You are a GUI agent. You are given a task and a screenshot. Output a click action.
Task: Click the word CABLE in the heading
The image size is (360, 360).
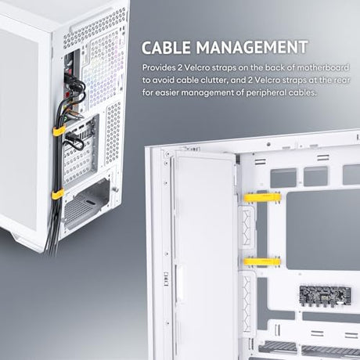pyautogui.click(x=166, y=47)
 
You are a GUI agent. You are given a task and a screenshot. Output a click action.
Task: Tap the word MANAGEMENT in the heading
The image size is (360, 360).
pyautogui.click(x=252, y=47)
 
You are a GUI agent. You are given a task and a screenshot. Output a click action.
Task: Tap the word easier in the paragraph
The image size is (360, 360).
pyautogui.click(x=167, y=92)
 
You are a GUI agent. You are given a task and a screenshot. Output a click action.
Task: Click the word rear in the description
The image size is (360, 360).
pyautogui.click(x=342, y=80)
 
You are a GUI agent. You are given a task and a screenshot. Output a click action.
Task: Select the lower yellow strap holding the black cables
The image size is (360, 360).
pyautogui.click(x=58, y=195)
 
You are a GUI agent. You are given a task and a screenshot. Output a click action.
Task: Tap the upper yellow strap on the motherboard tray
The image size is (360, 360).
pyautogui.click(x=262, y=197)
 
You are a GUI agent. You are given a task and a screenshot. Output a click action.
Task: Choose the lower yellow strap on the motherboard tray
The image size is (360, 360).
pyautogui.click(x=262, y=261)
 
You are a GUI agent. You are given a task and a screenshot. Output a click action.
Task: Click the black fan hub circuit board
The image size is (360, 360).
pyautogui.click(x=325, y=295)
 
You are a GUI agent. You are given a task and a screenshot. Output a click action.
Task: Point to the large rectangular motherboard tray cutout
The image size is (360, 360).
pyautogui.click(x=323, y=230)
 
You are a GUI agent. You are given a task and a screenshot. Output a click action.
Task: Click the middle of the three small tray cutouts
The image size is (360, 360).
pyautogui.click(x=315, y=176)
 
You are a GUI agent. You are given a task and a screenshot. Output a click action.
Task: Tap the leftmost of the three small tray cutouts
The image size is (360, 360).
pyautogui.click(x=283, y=178)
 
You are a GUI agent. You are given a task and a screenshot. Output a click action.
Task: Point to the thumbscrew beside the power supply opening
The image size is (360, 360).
pyautogui.click(x=116, y=189)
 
